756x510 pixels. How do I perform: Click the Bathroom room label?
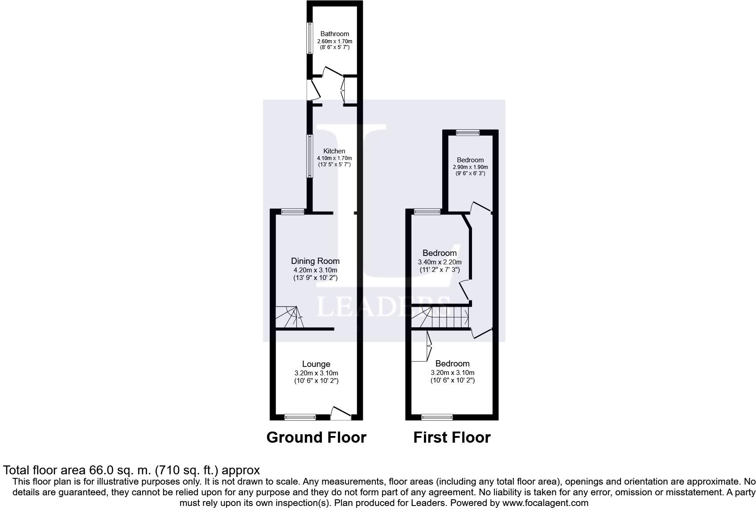tap(334, 34)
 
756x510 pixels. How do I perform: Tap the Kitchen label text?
tap(334, 151)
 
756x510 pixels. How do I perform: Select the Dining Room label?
tap(315, 261)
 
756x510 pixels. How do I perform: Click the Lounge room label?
tap(316, 364)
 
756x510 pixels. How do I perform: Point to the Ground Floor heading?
tap(316, 437)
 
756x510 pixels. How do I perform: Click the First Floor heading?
tap(452, 437)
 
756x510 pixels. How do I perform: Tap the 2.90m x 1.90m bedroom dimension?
tap(470, 167)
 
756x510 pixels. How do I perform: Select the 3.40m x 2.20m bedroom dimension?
tap(440, 262)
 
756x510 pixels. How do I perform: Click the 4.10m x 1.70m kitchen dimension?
tap(334, 158)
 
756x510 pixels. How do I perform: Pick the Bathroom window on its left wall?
tap(308, 38)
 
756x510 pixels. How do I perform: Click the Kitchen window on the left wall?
tap(308, 156)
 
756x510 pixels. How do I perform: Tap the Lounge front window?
tap(300, 417)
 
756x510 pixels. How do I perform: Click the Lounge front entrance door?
tap(341, 413)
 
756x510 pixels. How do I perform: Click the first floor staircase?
tap(441, 317)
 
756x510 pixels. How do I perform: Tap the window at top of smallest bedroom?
tap(468, 132)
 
